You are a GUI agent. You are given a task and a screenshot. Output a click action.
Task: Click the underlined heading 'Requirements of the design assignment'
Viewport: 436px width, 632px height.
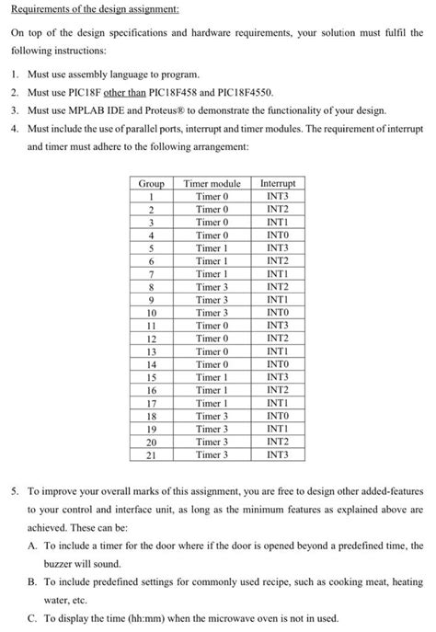click(88, 8)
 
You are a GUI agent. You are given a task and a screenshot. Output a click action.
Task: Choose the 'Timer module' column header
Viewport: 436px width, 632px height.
click(212, 184)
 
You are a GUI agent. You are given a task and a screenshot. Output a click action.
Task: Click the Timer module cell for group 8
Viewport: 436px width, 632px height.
click(212, 286)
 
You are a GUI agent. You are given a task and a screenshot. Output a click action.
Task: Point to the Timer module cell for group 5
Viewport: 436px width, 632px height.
click(212, 247)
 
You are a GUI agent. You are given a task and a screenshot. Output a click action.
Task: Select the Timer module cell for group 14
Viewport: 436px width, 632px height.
click(212, 363)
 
